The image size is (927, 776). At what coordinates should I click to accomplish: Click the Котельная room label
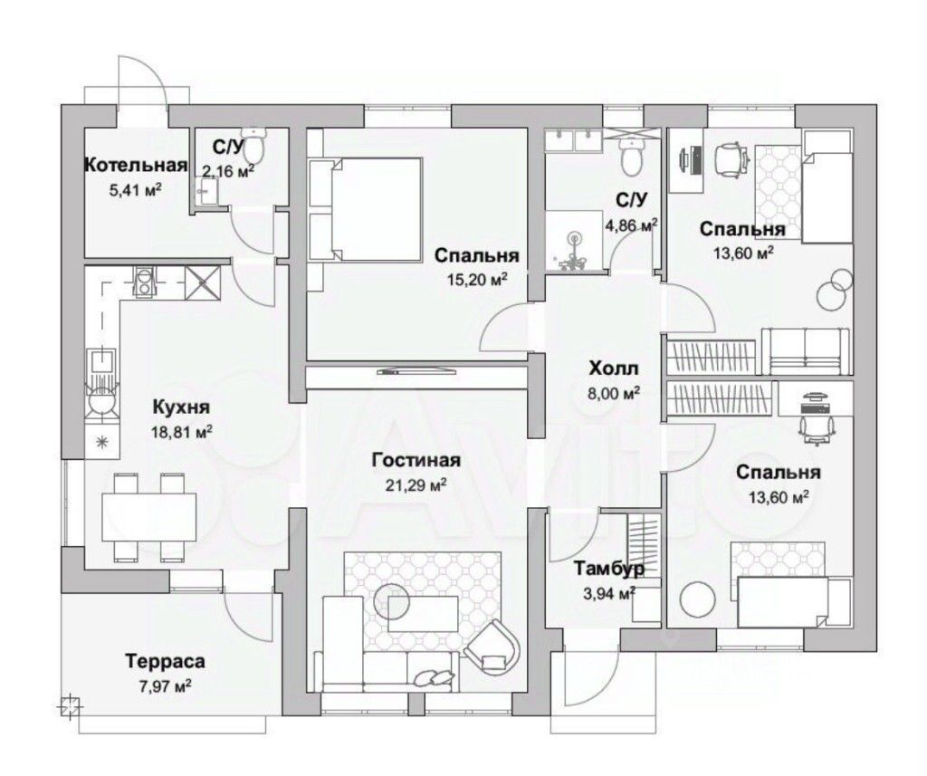135,165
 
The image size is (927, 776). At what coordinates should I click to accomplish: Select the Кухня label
182,407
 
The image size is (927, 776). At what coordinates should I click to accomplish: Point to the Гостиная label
416,461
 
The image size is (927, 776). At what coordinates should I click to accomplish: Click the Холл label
613,369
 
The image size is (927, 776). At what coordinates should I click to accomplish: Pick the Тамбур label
609,569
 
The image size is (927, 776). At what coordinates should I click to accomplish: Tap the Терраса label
164,661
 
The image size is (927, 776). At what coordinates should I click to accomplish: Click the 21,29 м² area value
416,485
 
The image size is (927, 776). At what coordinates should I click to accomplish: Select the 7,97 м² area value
164,685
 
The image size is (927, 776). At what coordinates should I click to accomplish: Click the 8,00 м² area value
614,393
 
